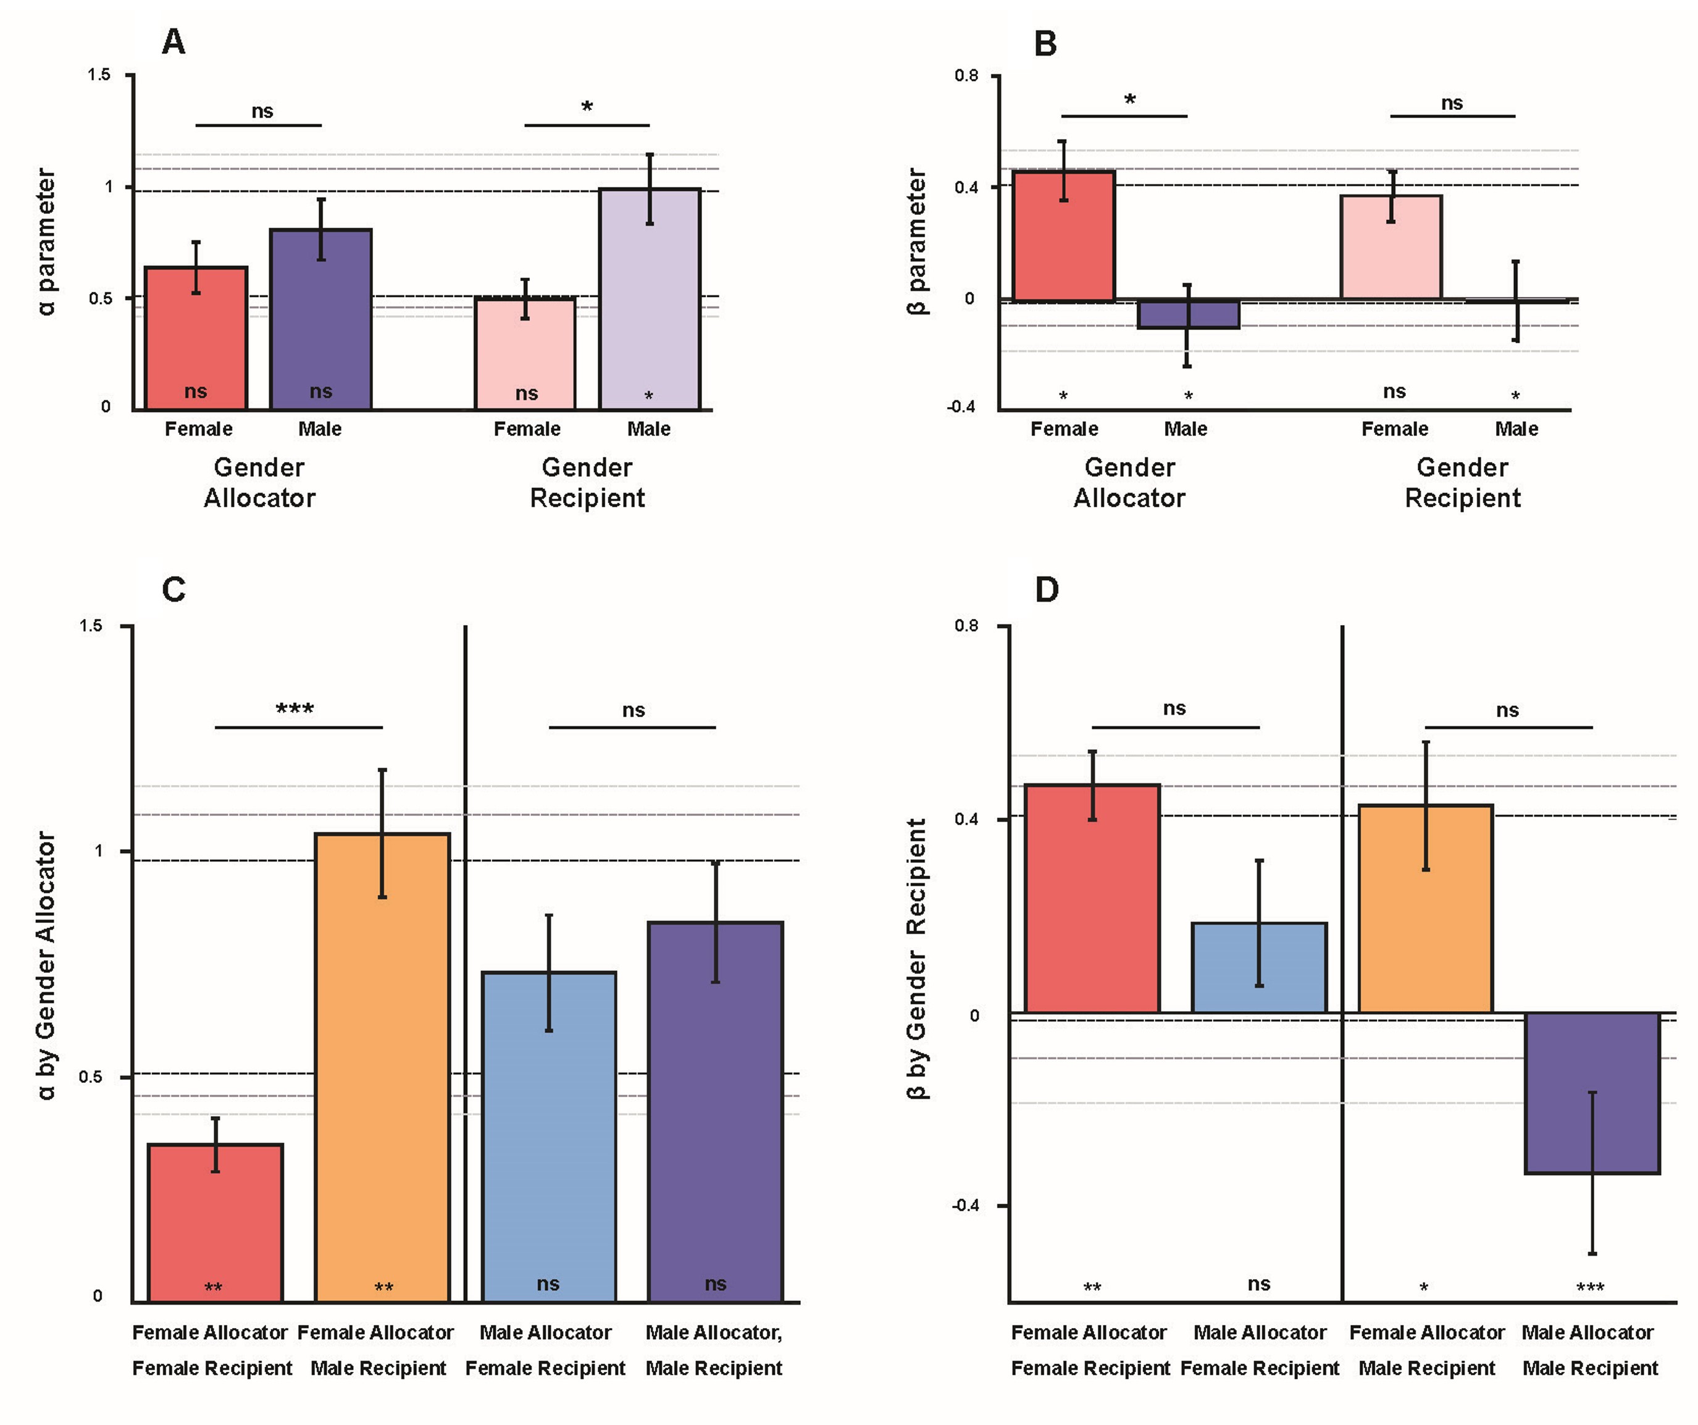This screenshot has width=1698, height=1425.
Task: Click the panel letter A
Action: pyautogui.click(x=174, y=42)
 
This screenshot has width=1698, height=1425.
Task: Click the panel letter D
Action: pyautogui.click(x=1047, y=589)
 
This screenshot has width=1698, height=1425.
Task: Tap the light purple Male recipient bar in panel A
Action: pyautogui.click(x=650, y=299)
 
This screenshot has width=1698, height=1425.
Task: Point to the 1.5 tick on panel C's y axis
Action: pyautogui.click(x=91, y=626)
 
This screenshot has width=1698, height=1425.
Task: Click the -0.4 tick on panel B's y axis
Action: pyautogui.click(x=961, y=407)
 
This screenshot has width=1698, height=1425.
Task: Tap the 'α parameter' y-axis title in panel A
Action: pyautogui.click(x=46, y=241)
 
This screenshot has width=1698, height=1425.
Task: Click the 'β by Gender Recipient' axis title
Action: pyautogui.click(x=916, y=959)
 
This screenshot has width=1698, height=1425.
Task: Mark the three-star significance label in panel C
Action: pyautogui.click(x=295, y=709)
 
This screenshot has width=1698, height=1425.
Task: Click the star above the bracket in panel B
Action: pyautogui.click(x=1129, y=99)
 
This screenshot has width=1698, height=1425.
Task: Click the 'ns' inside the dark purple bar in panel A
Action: pyautogui.click(x=321, y=392)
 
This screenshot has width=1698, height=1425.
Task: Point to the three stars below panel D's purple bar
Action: pyautogui.click(x=1591, y=1287)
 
